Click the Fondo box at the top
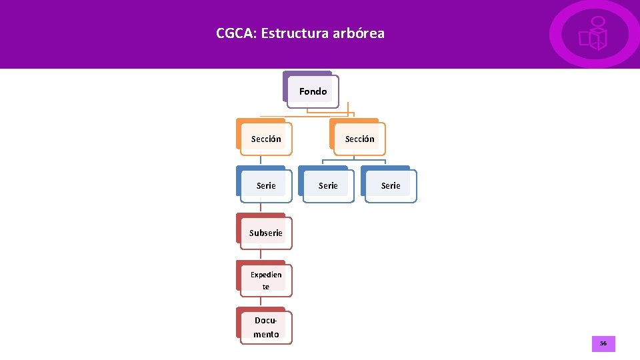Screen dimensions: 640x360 click(313, 91)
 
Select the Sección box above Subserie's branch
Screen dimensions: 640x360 click(265, 139)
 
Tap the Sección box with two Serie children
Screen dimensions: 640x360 click(359, 139)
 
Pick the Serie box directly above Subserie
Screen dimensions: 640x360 click(265, 185)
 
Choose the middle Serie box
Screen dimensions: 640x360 click(327, 185)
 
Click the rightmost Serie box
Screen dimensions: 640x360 click(390, 185)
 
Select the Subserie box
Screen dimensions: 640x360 click(265, 233)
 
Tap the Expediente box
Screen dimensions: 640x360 click(265, 280)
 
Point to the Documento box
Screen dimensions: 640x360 click(265, 327)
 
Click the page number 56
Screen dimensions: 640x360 click(603, 344)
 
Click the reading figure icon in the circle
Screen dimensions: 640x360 click(594, 34)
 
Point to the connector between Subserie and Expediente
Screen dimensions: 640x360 click(261, 255)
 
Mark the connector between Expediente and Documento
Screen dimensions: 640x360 click(261, 302)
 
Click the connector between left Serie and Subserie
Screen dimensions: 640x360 click(261, 207)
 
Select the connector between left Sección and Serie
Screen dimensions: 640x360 click(261, 161)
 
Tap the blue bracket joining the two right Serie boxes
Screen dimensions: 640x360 click(354, 160)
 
